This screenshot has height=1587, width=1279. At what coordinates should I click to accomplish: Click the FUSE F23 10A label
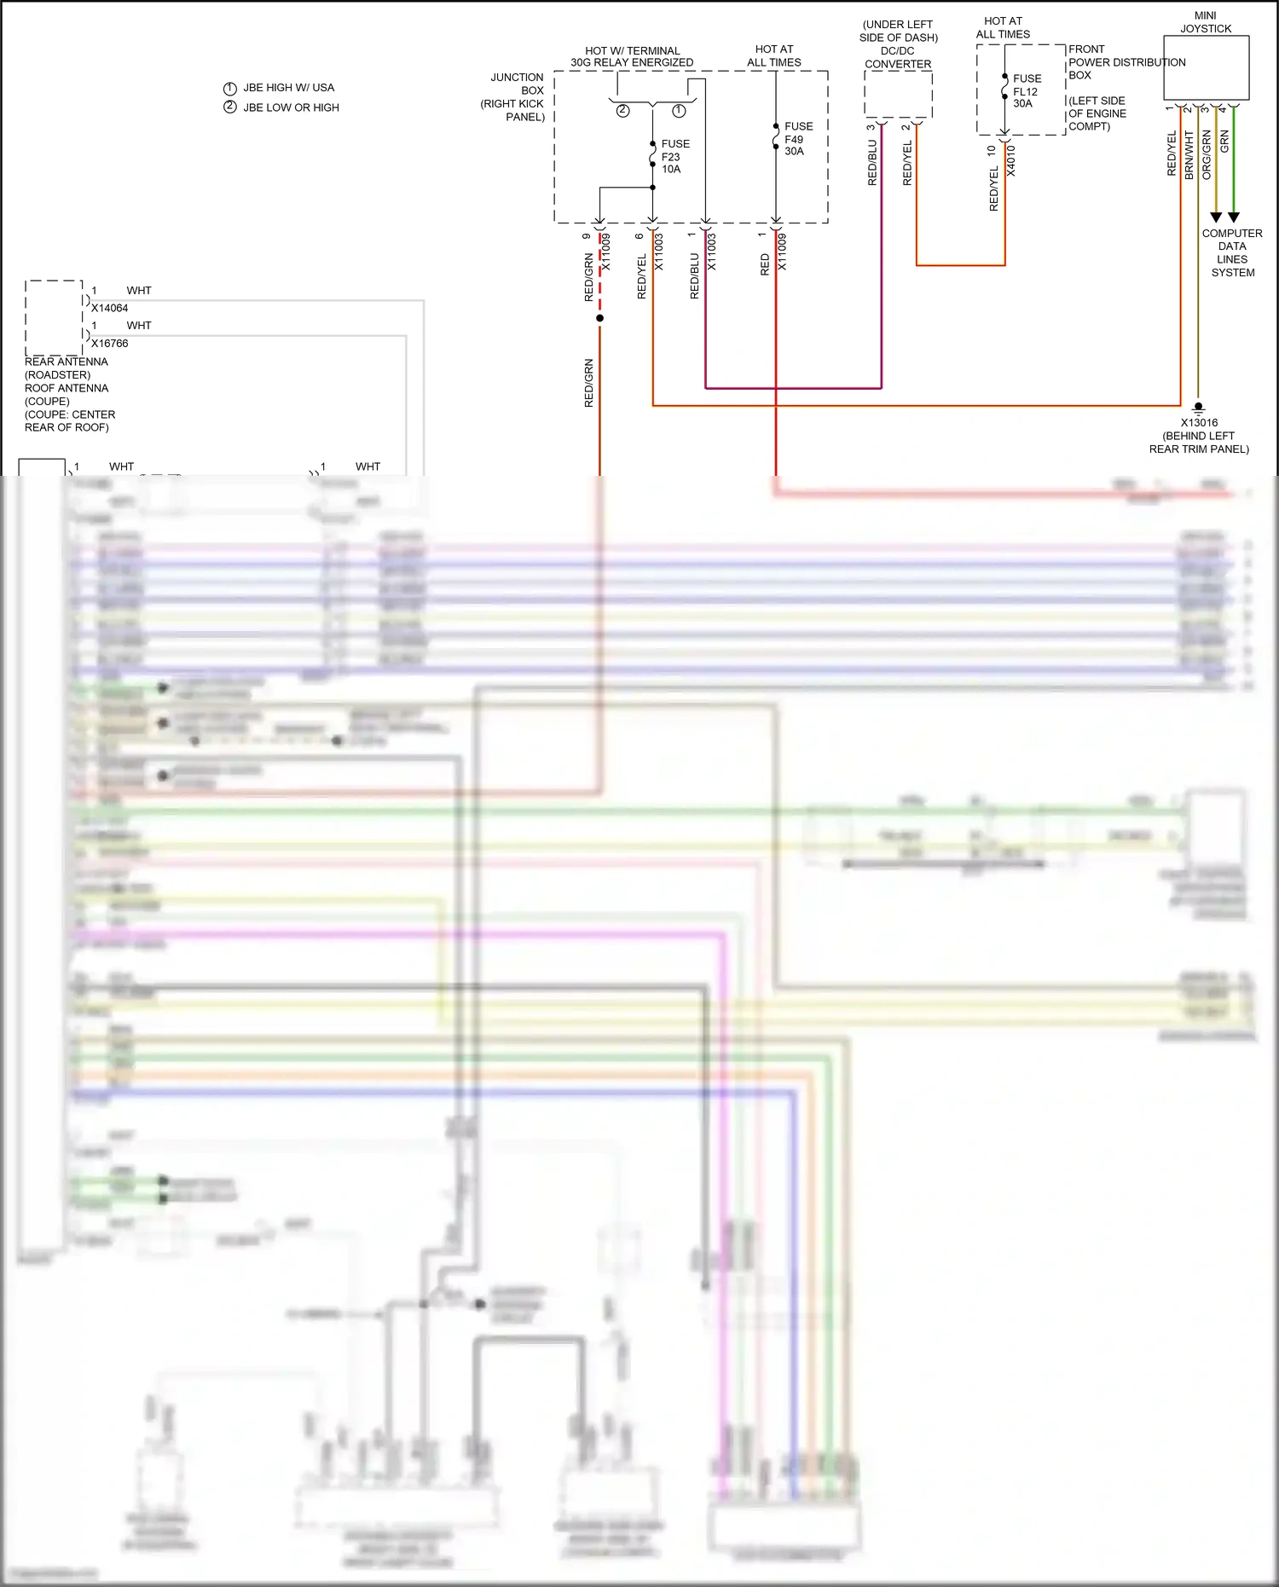click(x=674, y=156)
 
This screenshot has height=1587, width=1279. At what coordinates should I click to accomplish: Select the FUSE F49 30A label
click(x=797, y=138)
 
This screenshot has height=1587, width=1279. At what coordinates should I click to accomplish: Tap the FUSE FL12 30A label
click(x=1026, y=90)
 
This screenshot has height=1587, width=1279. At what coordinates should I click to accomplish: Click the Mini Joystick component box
click(x=1206, y=67)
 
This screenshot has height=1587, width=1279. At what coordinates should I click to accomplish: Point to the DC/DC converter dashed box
click(x=898, y=94)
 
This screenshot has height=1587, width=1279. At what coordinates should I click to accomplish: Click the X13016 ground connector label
click(x=1199, y=422)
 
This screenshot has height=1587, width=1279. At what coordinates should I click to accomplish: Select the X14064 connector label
click(x=109, y=308)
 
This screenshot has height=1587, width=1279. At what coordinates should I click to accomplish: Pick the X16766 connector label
click(x=109, y=343)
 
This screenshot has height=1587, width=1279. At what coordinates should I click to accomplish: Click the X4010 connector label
click(x=1011, y=160)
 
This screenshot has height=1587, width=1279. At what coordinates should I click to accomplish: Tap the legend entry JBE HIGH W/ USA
click(x=288, y=88)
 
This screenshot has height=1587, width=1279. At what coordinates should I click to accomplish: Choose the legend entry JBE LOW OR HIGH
click(x=291, y=107)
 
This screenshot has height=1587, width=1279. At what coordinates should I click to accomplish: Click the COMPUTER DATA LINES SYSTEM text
click(x=1232, y=252)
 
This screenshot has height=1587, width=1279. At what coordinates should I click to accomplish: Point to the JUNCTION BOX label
click(x=516, y=84)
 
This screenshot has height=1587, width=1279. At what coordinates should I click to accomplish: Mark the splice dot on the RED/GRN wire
click(x=599, y=318)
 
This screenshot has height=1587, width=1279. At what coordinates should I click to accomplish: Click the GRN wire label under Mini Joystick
click(x=1224, y=142)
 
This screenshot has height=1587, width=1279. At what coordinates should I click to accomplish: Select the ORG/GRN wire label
click(x=1207, y=154)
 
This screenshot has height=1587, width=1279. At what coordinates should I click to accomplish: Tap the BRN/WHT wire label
click(x=1189, y=154)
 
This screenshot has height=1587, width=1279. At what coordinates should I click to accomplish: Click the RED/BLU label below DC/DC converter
click(x=872, y=163)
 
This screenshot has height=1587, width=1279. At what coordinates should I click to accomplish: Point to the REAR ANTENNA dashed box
click(x=54, y=317)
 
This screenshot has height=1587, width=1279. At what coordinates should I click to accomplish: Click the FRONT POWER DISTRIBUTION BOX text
click(x=1126, y=62)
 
